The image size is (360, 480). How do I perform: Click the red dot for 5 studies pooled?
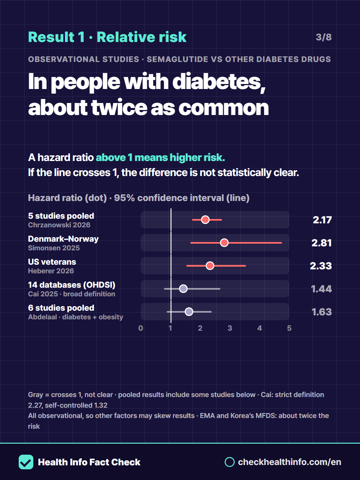205,220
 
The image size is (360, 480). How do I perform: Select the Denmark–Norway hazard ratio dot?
224,243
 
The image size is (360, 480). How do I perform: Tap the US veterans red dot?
210,266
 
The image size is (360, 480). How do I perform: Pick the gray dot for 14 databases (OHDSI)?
183,289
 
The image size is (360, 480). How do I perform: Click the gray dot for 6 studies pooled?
189,312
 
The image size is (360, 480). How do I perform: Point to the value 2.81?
322,243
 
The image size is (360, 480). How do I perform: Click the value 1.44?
321,289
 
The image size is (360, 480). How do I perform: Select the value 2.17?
322,220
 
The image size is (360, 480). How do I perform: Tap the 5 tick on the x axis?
289,328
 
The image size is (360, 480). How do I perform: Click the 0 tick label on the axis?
141,328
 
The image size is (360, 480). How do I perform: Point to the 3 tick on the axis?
230,328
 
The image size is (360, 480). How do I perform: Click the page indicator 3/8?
324,37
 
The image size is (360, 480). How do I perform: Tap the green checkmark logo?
26,462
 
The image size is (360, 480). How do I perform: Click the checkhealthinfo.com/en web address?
289,462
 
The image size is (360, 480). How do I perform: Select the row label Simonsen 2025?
54,248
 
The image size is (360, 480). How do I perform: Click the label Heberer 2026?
51,271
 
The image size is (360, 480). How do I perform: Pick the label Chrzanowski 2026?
59,225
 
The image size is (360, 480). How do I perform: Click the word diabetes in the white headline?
219,82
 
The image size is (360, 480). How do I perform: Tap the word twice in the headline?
119,107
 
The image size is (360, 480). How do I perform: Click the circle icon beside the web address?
230,462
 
